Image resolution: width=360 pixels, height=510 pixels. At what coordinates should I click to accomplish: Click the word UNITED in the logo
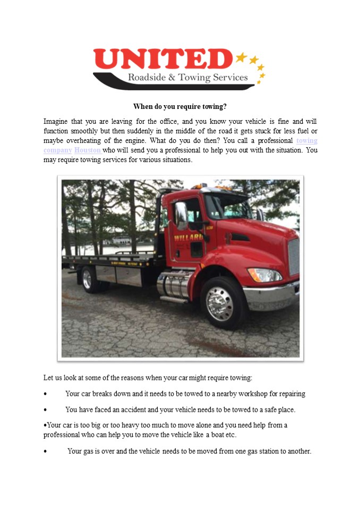click(x=162, y=58)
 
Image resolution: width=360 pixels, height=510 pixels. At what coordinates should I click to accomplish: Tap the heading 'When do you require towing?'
click(x=180, y=106)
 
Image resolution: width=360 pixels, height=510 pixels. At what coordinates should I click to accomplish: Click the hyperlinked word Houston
click(x=88, y=150)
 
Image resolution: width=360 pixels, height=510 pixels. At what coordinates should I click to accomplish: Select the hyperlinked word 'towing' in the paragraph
click(x=307, y=141)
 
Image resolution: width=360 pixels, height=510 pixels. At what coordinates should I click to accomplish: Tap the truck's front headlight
click(x=264, y=275)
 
